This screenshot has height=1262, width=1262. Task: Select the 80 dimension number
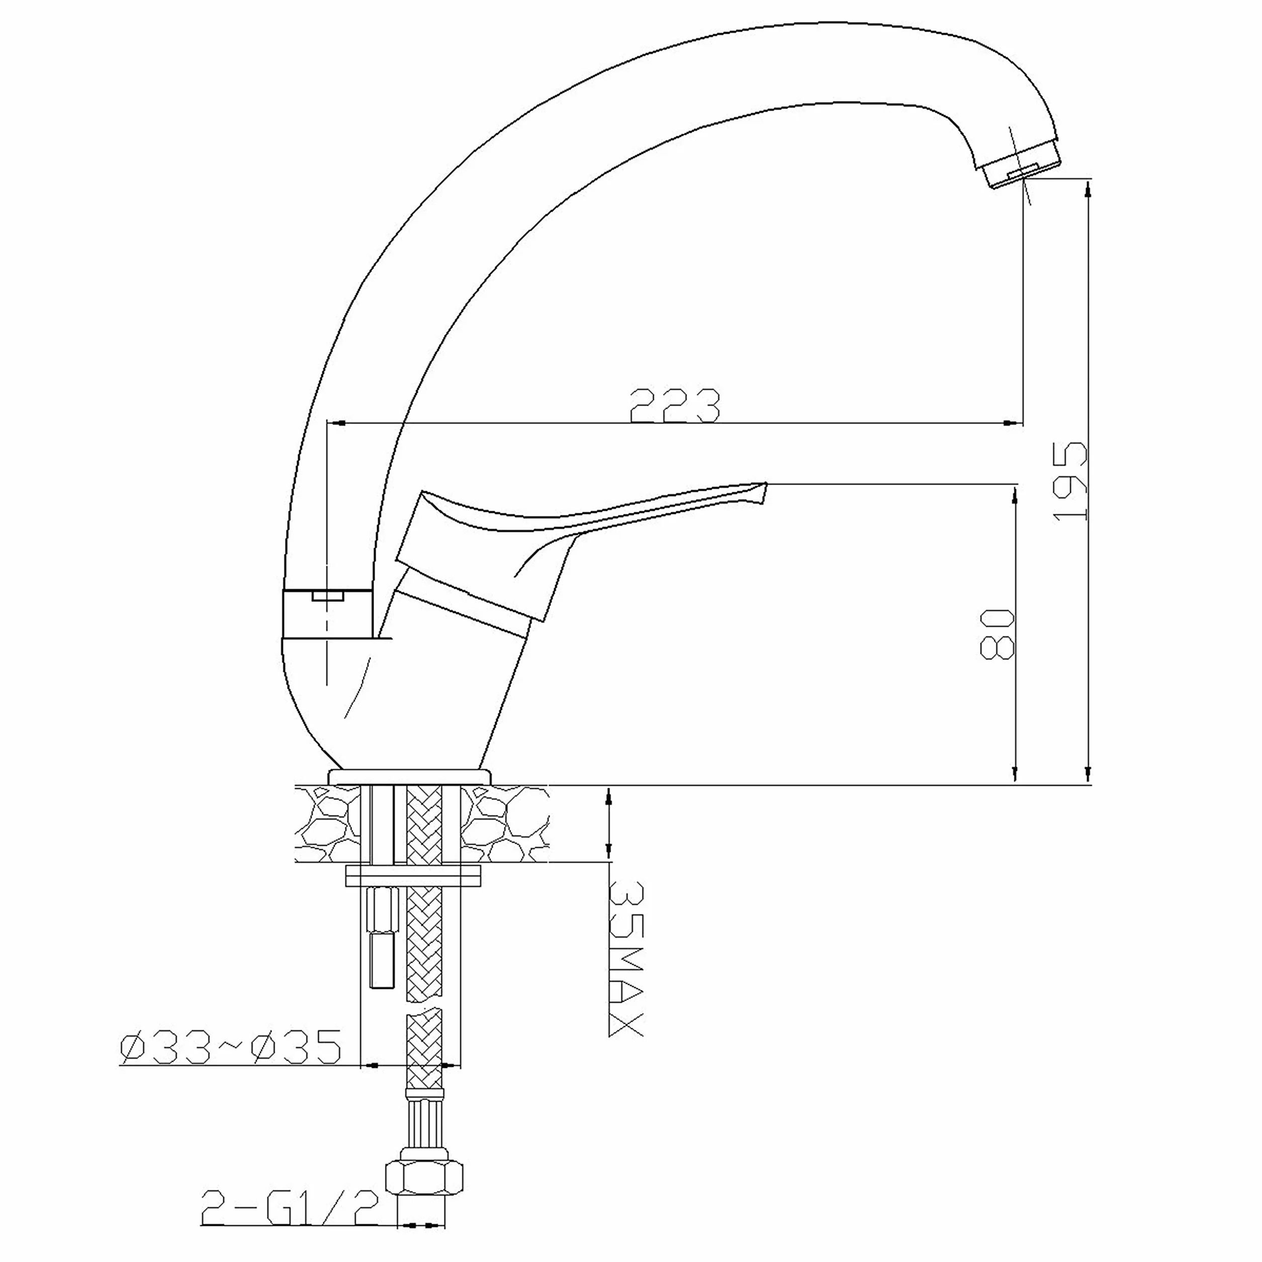tap(998, 634)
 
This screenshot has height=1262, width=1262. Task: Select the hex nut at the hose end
tap(424, 1177)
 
